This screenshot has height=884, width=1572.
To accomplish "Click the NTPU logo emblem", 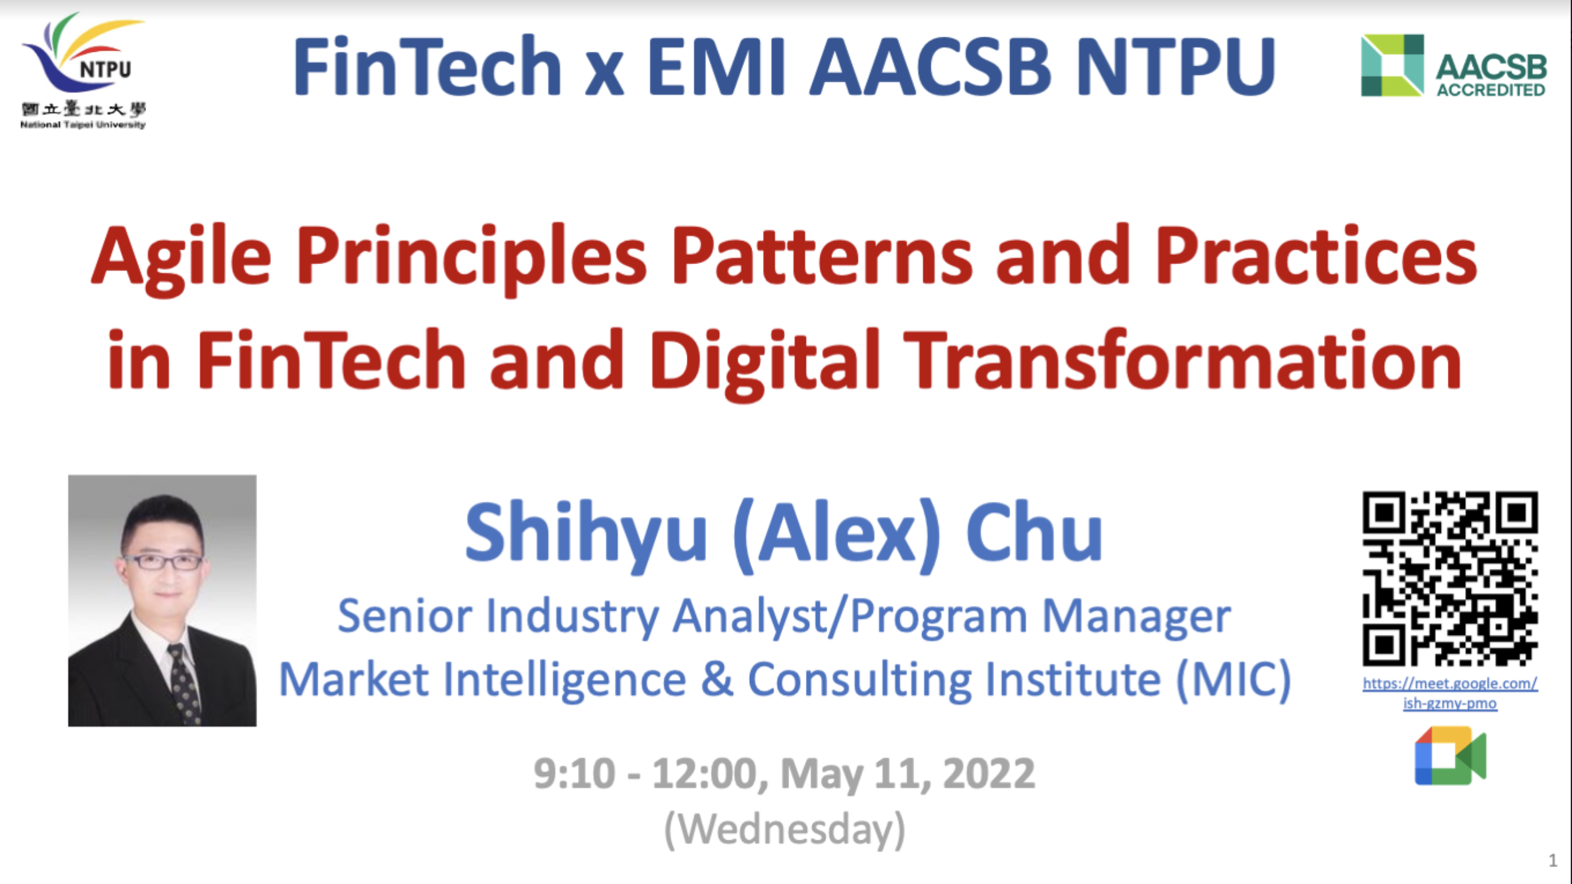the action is pyautogui.click(x=83, y=71).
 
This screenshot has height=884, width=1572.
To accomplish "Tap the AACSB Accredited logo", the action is pyautogui.click(x=1453, y=66).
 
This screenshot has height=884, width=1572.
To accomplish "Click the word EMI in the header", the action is pyautogui.click(x=716, y=66).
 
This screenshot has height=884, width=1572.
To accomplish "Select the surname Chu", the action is pyautogui.click(x=1034, y=533).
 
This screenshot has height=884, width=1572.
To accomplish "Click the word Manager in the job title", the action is pyautogui.click(x=1136, y=617).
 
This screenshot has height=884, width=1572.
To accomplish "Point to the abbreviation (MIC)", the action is pyautogui.click(x=1234, y=680).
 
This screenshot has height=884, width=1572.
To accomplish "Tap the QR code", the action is pyautogui.click(x=1450, y=579).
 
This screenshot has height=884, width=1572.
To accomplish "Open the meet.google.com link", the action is pyautogui.click(x=1450, y=693).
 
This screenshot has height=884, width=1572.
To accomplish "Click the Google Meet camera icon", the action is pyautogui.click(x=1450, y=755).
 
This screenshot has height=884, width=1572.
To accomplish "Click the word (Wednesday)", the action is pyautogui.click(x=785, y=830).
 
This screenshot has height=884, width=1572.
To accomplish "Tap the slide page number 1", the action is pyautogui.click(x=1553, y=861).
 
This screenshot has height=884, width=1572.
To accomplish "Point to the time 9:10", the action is pyautogui.click(x=574, y=774).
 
